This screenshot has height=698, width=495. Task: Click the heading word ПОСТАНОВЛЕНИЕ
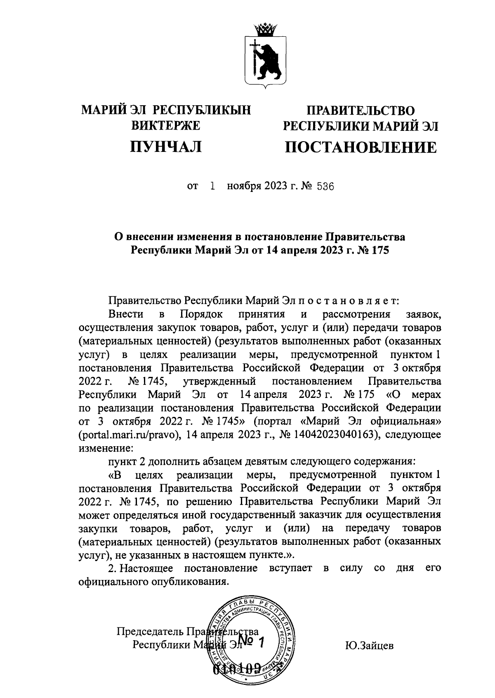click(x=360, y=147)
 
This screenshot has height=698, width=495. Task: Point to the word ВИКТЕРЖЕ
click(x=166, y=125)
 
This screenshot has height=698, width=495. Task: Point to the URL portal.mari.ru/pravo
click(x=130, y=435)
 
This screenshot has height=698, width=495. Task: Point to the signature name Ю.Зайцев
click(x=369, y=646)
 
